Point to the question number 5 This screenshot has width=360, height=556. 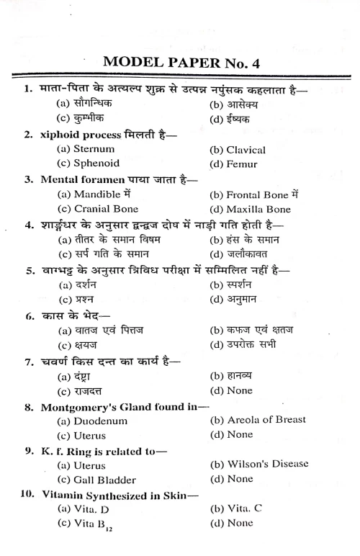[x=30, y=271]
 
